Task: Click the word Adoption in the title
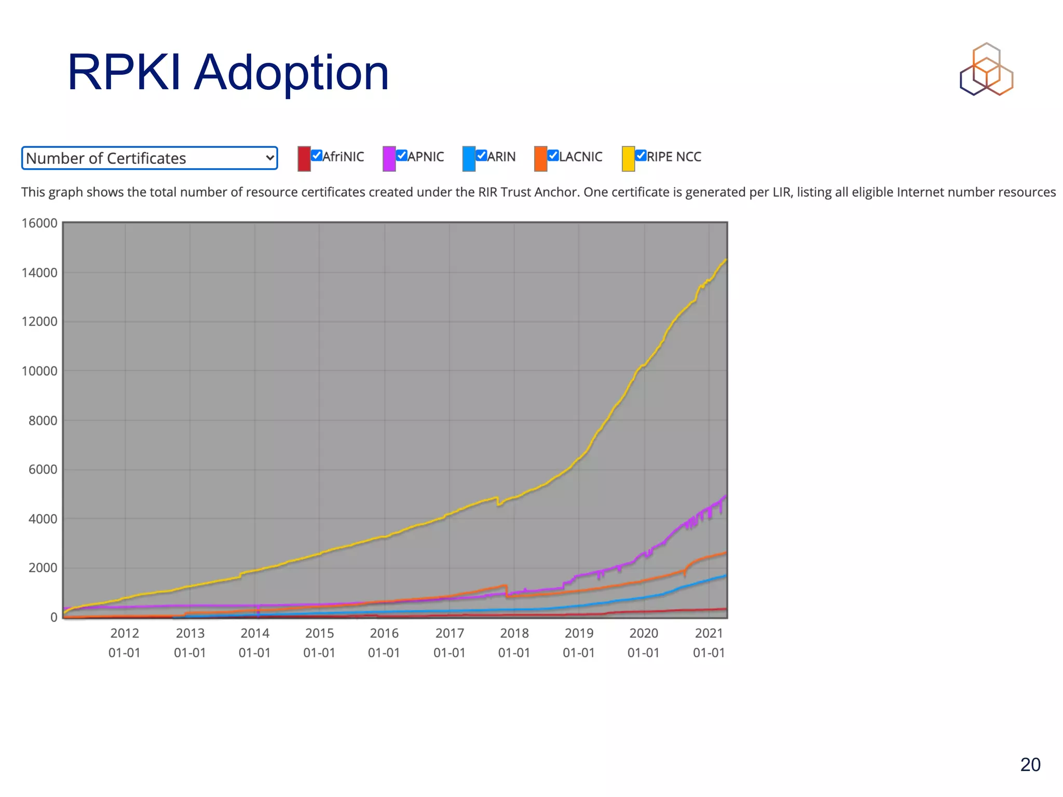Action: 291,74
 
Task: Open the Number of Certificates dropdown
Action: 149,158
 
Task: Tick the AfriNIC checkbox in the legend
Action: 317,155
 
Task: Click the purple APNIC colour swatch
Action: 389,158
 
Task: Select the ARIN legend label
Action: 501,157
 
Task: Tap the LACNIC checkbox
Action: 553,155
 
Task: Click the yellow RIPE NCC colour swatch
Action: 628,158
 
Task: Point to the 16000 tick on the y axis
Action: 39,223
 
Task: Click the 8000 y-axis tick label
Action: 43,420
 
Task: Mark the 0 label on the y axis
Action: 53,617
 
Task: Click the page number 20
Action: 1030,765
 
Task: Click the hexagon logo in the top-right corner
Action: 986,70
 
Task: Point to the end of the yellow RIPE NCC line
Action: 726,260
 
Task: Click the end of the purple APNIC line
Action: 726,496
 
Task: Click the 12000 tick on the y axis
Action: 39,322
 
